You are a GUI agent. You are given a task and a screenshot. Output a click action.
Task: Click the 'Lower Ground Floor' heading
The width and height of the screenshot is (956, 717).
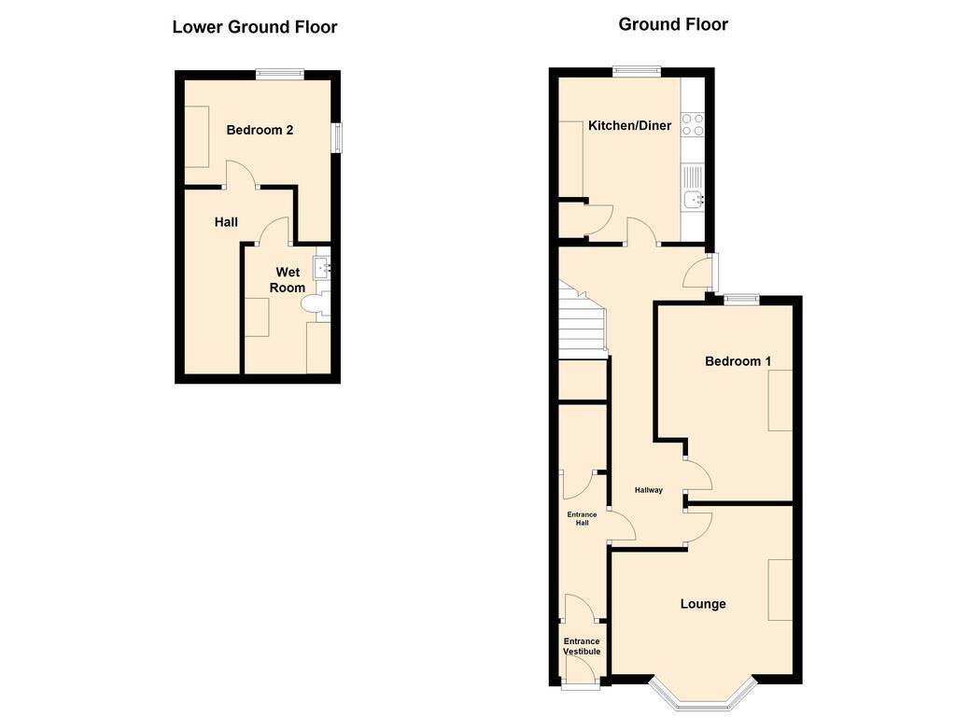pyautogui.click(x=254, y=27)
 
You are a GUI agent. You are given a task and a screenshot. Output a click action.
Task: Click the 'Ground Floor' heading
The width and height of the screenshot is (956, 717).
pyautogui.click(x=673, y=24)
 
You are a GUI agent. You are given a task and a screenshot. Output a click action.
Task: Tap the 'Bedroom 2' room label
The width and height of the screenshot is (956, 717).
pyautogui.click(x=260, y=130)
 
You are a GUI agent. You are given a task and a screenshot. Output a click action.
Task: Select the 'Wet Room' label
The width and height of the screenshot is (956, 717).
pyautogui.click(x=288, y=280)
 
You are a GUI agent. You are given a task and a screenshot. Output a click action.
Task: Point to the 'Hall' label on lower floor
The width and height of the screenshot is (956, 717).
pyautogui.click(x=226, y=222)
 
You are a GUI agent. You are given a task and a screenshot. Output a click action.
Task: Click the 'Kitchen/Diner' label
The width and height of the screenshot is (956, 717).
pyautogui.click(x=629, y=125)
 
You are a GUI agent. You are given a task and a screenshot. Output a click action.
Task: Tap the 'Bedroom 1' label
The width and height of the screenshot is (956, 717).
pyautogui.click(x=738, y=361)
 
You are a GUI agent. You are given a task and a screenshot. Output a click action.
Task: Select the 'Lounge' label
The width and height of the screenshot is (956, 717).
pyautogui.click(x=702, y=604)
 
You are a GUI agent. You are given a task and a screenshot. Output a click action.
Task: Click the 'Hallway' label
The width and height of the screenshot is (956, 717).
pyautogui.click(x=648, y=490)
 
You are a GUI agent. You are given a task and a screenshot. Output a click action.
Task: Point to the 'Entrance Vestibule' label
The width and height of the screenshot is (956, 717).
pyautogui.click(x=581, y=646)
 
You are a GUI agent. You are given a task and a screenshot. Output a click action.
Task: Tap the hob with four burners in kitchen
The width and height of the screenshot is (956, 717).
pyautogui.click(x=693, y=124)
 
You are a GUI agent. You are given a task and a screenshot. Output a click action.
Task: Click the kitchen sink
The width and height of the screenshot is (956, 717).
pyautogui.click(x=693, y=198)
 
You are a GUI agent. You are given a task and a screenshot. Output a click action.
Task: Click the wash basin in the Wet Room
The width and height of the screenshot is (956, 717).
pyautogui.click(x=322, y=269)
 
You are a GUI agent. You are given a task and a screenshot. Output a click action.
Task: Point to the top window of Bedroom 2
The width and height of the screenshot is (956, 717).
pyautogui.click(x=281, y=73)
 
